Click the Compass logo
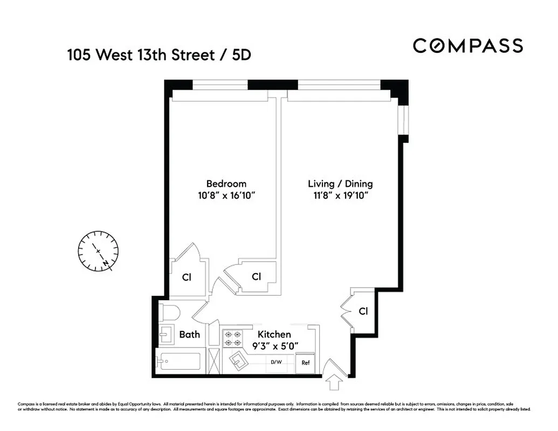467,46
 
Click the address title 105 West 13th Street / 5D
159,55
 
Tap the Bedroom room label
226,184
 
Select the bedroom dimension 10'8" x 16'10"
226,196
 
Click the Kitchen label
274,335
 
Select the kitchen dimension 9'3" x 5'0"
274,346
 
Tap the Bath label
189,335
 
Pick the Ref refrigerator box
306,363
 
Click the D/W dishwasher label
277,362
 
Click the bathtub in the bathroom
178,361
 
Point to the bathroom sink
164,335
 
